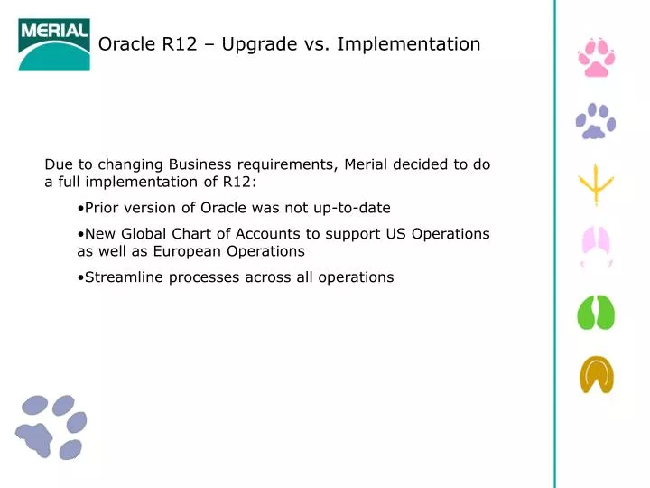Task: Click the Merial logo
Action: point(54,44)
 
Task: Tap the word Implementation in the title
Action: point(408,44)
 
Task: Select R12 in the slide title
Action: point(183,44)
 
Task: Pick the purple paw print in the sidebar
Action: point(595,121)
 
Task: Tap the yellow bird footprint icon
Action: point(596,185)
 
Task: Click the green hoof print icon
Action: point(596,313)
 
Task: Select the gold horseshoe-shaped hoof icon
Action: point(596,374)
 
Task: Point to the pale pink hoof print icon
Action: point(596,247)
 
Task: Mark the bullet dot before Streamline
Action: point(81,277)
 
